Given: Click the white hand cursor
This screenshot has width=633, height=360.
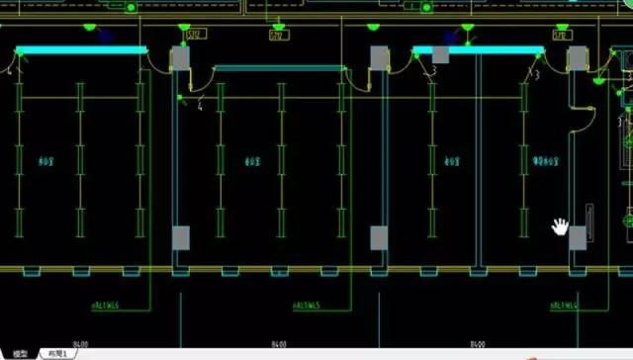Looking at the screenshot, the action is pyautogui.click(x=561, y=227).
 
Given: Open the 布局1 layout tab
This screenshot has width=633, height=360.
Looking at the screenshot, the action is pyautogui.click(x=58, y=353).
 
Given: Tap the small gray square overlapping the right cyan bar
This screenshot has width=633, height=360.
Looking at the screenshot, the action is pyautogui.click(x=441, y=55).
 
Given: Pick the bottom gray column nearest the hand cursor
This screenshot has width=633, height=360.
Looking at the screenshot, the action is pyautogui.click(x=577, y=238).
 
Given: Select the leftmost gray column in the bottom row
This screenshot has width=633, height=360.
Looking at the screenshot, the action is pyautogui.click(x=181, y=237).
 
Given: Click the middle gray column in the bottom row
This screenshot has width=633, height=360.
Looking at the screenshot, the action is pyautogui.click(x=379, y=237).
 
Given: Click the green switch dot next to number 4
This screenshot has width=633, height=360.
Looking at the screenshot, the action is pyautogui.click(x=180, y=97).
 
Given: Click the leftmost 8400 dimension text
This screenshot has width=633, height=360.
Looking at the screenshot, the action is pyautogui.click(x=79, y=344).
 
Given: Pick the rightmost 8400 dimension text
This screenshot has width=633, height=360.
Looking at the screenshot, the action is pyautogui.click(x=477, y=344).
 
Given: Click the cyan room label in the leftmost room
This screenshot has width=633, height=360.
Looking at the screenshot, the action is pyautogui.click(x=45, y=160).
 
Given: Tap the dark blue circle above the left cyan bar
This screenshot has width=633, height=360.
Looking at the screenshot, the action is pyautogui.click(x=106, y=37).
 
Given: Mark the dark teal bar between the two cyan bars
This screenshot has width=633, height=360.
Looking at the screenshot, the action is pyautogui.click(x=280, y=68).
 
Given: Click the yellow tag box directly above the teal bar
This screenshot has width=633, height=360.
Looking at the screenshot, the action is pyautogui.click(x=278, y=37).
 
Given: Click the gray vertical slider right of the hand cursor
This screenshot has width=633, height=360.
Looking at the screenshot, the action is pyautogui.click(x=589, y=223).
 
